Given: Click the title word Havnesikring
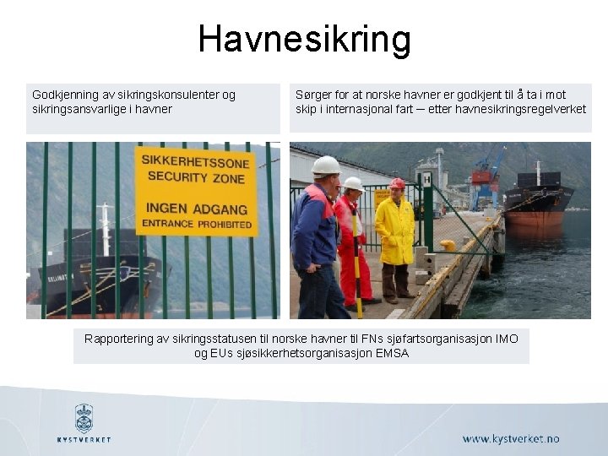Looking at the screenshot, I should coord(304,39).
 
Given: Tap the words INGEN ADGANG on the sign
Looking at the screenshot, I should coord(196,208).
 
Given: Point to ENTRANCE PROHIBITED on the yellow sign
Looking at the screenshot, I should coord(197,225).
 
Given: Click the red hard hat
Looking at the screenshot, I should coord(397,184).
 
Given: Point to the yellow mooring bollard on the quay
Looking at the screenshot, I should coord(448,245).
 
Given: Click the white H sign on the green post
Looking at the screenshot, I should coord(426,179).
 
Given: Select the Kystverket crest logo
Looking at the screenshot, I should coord(84,417).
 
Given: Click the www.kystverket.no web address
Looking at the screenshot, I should coord(511,439).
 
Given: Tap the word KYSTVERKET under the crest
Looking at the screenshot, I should coord(84,440).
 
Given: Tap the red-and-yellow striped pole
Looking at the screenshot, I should coord(357,262).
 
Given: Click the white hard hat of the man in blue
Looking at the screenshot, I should coord(325,165).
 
